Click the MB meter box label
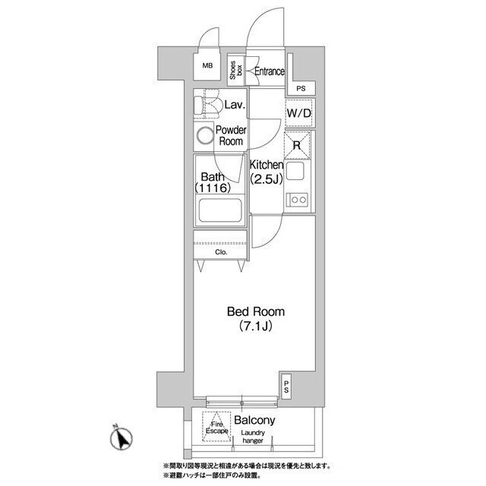pos(207,66)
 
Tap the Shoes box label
pos(236,70)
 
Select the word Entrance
pos(270,71)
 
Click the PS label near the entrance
pos(301,89)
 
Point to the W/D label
pos(298,113)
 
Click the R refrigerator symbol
pos(297,145)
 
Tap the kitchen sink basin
pos(295,171)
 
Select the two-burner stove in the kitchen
pos(297,200)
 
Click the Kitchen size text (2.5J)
pos(267,179)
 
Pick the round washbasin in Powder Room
pos(205,136)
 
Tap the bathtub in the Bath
pos(220,210)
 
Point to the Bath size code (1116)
pos(213,188)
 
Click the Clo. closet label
pos(221,252)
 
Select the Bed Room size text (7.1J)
pos(256,326)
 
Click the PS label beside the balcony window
pos(286,387)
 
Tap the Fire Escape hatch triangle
pos(216,426)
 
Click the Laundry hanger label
pos(253,437)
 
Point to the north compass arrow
pos(123,438)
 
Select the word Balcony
pos(254,420)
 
